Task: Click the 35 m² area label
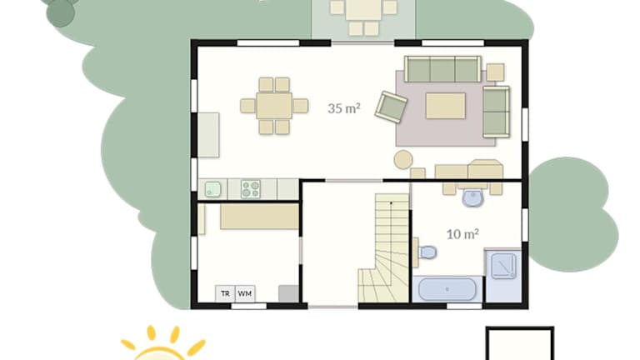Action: click(x=343, y=108)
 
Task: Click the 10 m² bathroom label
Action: click(x=462, y=234)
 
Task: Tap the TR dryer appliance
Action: click(x=225, y=293)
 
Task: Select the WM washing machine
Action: click(x=245, y=293)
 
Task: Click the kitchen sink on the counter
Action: click(x=212, y=189)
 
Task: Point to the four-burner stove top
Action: click(x=251, y=189)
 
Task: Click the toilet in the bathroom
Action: click(x=427, y=252)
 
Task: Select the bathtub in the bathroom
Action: click(x=447, y=289)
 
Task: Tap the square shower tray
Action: click(x=503, y=266)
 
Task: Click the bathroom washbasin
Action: click(x=473, y=198)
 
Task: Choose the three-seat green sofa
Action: click(x=442, y=69)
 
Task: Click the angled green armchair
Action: click(x=391, y=107)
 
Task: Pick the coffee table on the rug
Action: click(x=446, y=106)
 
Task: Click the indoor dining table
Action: click(x=274, y=106)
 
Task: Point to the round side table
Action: click(x=403, y=160)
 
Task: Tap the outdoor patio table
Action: click(x=363, y=10)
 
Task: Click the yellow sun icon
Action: click(x=162, y=343)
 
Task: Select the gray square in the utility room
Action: click(x=288, y=293)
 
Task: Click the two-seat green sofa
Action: click(x=497, y=112)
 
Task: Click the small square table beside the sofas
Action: click(x=495, y=72)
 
